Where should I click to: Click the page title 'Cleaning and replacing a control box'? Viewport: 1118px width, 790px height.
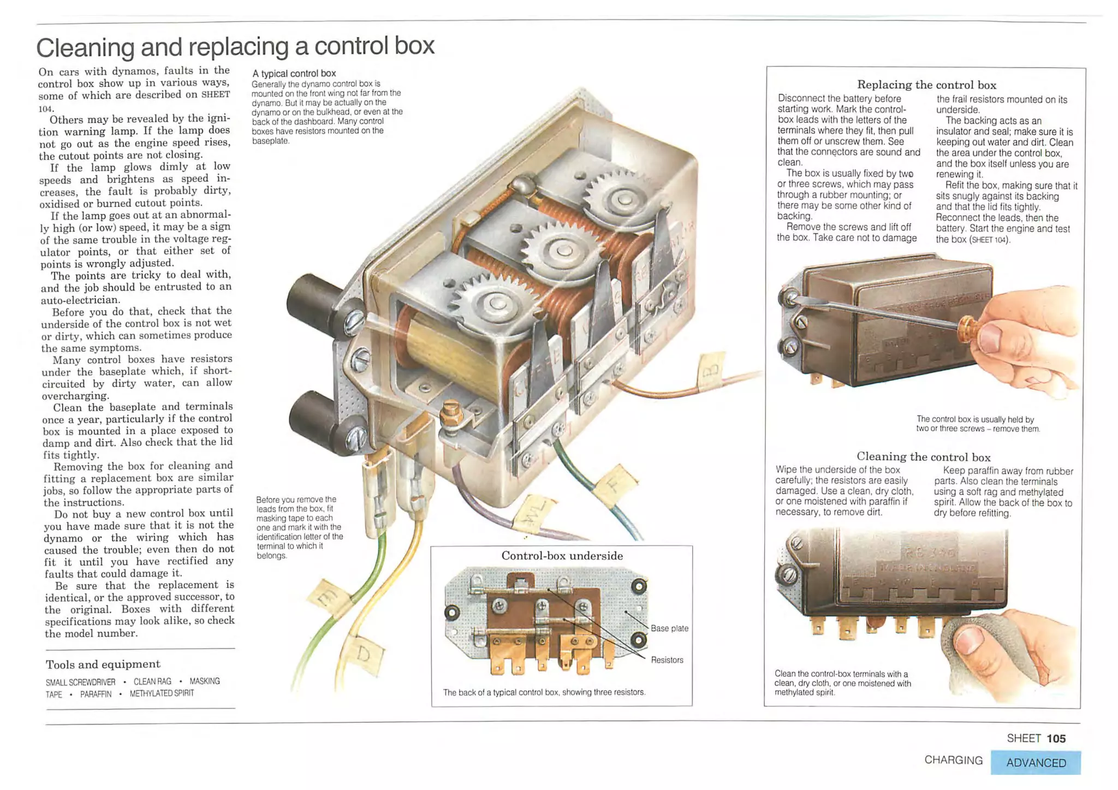tap(235, 47)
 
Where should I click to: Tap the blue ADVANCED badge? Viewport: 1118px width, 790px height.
tap(1035, 763)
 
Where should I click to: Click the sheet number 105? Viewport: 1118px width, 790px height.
tap(1056, 739)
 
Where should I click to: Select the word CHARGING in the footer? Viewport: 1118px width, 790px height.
tap(953, 760)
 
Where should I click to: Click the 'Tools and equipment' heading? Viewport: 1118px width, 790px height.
tap(103, 664)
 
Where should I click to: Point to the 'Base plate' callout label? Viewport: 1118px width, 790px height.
tap(669, 628)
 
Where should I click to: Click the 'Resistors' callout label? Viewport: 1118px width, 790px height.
tap(667, 660)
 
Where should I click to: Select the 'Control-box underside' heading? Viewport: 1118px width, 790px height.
tap(562, 556)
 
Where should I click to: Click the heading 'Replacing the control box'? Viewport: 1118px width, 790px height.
tap(926, 85)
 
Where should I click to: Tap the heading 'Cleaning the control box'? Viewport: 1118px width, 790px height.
tap(923, 456)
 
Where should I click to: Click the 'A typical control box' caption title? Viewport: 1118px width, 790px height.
tap(294, 73)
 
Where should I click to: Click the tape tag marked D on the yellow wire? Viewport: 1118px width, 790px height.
tap(365, 655)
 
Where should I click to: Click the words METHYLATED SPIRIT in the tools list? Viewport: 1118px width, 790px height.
tap(162, 693)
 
